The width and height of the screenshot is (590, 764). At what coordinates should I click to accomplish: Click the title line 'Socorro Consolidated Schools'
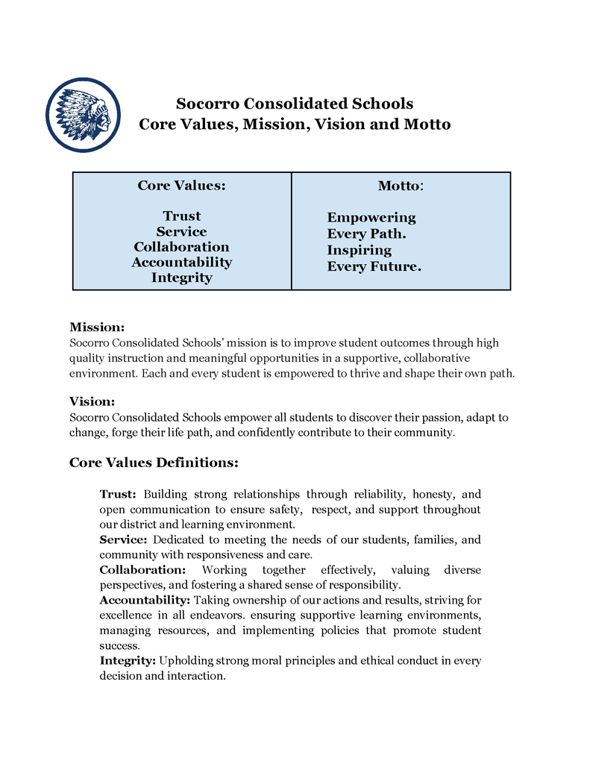point(295,103)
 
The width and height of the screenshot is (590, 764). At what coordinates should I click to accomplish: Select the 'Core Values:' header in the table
point(181,185)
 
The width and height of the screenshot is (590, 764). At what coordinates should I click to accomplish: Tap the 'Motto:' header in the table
point(401,185)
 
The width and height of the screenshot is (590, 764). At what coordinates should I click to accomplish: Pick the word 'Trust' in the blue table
point(182,216)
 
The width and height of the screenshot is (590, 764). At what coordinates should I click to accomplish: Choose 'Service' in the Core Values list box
point(182,231)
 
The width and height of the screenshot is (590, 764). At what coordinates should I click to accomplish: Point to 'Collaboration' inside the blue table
point(181,247)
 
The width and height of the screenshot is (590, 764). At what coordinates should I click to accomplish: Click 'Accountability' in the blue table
point(182,262)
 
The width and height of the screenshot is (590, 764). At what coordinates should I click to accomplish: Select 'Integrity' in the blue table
point(182,278)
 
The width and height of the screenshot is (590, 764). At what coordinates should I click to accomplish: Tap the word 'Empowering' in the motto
point(371,218)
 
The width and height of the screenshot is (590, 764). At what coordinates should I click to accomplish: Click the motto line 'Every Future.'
point(374,266)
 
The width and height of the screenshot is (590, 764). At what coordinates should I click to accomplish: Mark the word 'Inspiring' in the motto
point(359,250)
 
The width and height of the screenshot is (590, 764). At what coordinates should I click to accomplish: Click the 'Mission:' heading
point(97,327)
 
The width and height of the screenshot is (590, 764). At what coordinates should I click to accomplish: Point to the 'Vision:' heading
point(92,401)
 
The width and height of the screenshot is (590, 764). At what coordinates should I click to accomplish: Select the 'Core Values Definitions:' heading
point(154,463)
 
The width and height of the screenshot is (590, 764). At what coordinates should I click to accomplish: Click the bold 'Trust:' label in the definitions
point(118,494)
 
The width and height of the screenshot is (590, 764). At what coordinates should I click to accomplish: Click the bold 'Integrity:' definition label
point(128,660)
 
